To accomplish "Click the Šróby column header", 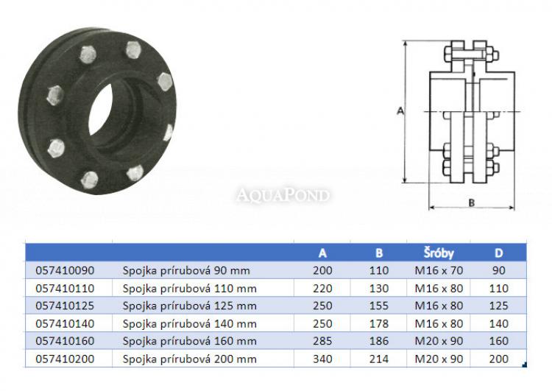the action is pos(439,253).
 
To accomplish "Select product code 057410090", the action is pos(65,270).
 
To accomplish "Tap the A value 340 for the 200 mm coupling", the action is pos(322,359).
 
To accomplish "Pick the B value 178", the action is pos(379,323).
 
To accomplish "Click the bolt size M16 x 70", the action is pos(439,270).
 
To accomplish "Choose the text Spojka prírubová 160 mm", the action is pos(189,341).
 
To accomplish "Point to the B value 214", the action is pos(379,359).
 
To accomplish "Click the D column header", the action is pos(498,253).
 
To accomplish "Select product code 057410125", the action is pos(65,306).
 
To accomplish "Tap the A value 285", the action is pos(322,341).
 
